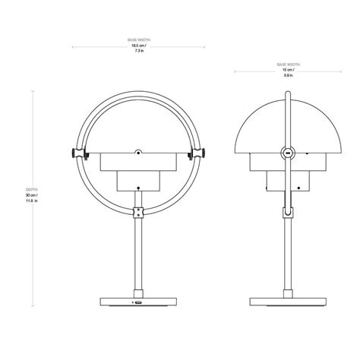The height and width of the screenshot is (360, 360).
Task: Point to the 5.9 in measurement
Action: (x=289, y=75)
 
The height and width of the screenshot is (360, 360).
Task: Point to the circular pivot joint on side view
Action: (x=287, y=154)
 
